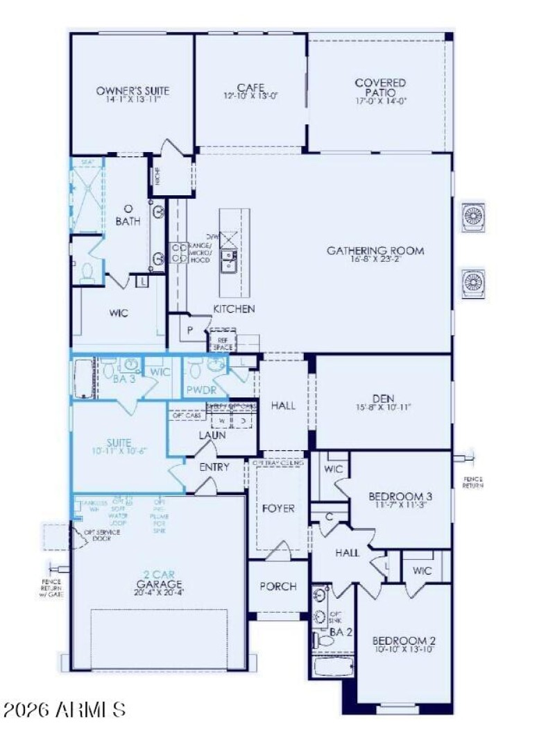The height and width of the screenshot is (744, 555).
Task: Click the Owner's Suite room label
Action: pos(133,90)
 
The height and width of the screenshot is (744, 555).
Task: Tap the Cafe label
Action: pos(250,87)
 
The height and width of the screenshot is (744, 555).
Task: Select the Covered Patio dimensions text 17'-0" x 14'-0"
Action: pos(380,101)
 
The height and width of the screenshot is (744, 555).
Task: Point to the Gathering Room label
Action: pos(375,251)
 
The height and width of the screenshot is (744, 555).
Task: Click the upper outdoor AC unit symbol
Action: pos(474,215)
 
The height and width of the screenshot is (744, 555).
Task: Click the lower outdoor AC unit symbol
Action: pos(474,281)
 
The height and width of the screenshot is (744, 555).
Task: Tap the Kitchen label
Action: pos(234,308)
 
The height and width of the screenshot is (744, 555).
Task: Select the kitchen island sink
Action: pos(228,261)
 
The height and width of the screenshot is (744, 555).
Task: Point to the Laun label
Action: pos(212,436)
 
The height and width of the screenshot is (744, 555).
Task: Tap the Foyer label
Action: pos(278,509)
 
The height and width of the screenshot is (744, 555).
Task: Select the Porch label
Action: pos(278,586)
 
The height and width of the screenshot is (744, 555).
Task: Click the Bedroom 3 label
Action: pos(401,497)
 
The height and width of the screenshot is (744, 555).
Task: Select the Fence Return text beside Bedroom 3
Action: pos(473,482)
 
